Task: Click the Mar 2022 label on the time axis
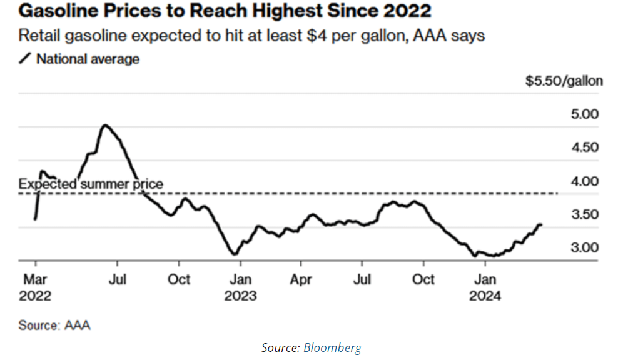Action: [x=35, y=287]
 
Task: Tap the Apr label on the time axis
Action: [x=301, y=279]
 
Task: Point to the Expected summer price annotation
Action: [x=91, y=184]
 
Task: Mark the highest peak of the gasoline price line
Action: [x=105, y=125]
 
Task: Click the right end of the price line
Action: [x=540, y=224]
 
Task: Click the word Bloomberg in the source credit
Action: [x=332, y=347]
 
